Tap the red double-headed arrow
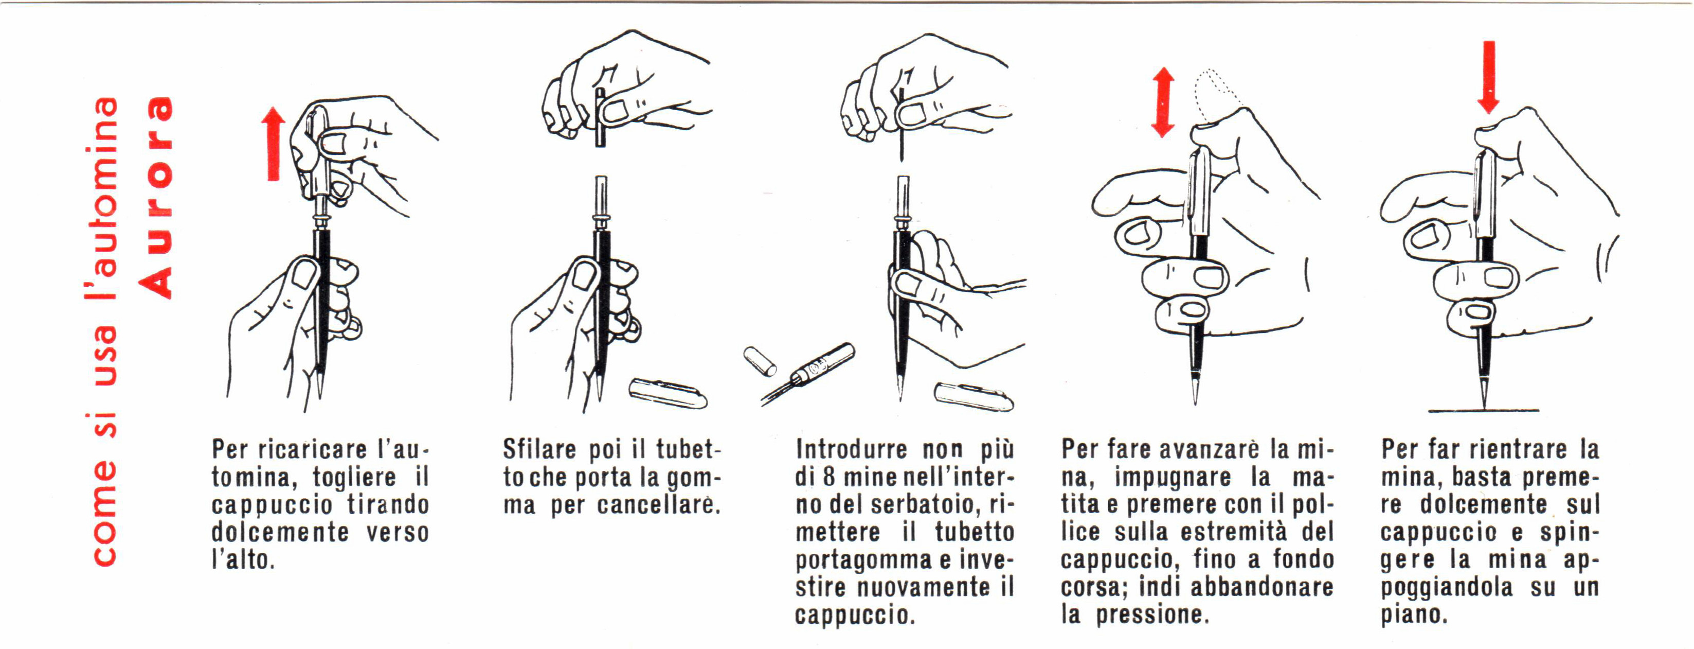click(x=1163, y=102)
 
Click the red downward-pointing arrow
click(x=1489, y=77)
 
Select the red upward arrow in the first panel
click(x=274, y=144)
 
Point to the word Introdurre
click(x=852, y=449)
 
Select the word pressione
click(x=1152, y=615)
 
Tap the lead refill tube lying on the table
click(x=809, y=372)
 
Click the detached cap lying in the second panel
click(x=668, y=393)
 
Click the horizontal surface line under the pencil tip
click(x=1483, y=411)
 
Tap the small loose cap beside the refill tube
click(x=760, y=361)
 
